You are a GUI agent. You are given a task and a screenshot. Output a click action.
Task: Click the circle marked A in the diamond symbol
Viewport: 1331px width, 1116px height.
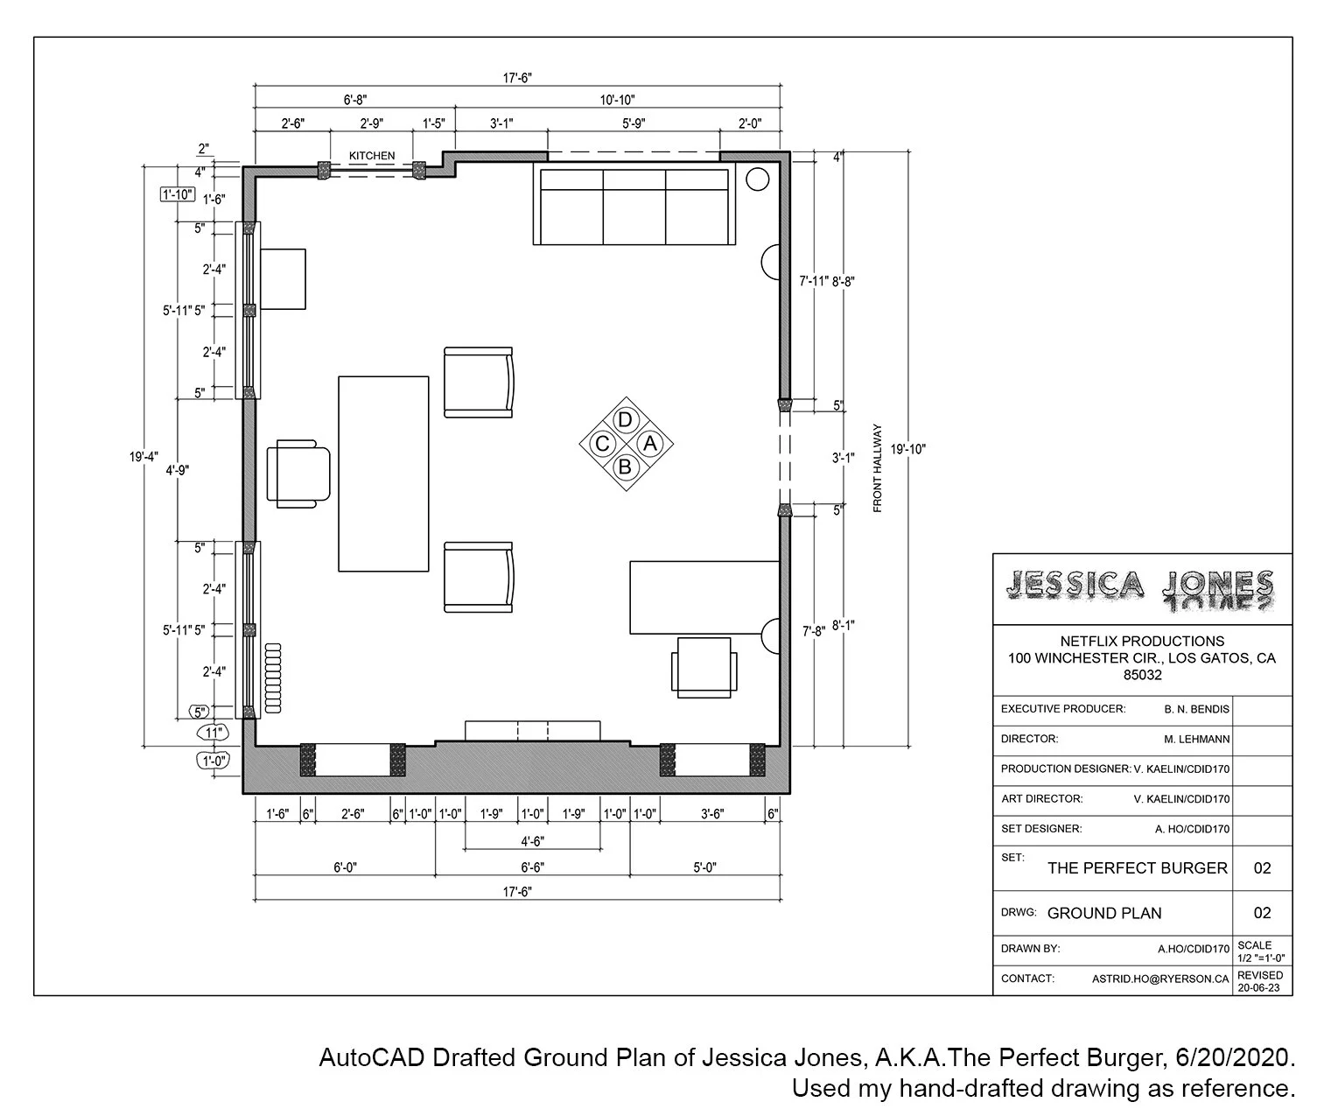tap(648, 444)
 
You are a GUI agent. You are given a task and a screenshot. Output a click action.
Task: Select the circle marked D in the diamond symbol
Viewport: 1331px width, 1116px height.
tap(625, 420)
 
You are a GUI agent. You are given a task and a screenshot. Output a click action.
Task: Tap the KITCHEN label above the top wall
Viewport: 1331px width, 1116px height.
tap(372, 156)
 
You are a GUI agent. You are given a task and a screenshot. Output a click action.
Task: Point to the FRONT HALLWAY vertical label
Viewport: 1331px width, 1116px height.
tap(878, 468)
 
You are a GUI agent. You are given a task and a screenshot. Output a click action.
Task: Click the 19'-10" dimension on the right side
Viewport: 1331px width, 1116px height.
tap(907, 449)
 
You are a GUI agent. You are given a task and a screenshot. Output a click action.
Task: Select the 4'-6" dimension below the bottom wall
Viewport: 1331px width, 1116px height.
tap(532, 841)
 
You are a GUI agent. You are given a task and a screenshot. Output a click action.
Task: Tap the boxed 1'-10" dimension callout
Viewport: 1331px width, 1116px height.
tap(177, 194)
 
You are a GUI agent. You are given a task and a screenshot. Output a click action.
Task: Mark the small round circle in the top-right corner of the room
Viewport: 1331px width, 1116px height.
tap(757, 179)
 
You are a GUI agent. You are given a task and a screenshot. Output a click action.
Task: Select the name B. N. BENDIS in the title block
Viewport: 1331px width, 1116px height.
tap(1196, 709)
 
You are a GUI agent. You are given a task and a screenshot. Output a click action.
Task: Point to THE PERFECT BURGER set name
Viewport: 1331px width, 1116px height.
tap(1137, 868)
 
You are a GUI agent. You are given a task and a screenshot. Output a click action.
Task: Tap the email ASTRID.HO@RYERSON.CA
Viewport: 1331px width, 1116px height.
tap(1159, 979)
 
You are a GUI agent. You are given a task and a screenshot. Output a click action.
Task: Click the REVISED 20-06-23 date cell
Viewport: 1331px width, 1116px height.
tap(1261, 981)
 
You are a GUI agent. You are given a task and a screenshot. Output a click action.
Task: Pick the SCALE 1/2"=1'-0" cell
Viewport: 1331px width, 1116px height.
tap(1261, 951)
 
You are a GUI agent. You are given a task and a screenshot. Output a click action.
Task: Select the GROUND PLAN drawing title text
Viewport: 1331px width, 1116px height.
tap(1104, 913)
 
